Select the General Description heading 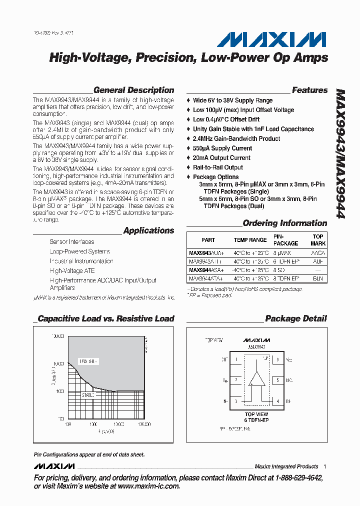click(x=133, y=90)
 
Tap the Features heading click(x=309, y=90)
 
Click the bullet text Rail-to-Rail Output click(x=218, y=167)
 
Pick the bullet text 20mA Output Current click(x=221, y=158)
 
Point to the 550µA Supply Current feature click(x=222, y=148)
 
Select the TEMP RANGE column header click(x=250, y=240)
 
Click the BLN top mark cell click(x=318, y=277)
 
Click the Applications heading click(x=148, y=230)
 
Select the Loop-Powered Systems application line click(x=79, y=251)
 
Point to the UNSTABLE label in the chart click(x=88, y=361)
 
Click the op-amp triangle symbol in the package click(x=257, y=379)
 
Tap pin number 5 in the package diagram click(x=276, y=380)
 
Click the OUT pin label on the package click(x=224, y=359)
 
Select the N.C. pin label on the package click(x=289, y=380)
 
